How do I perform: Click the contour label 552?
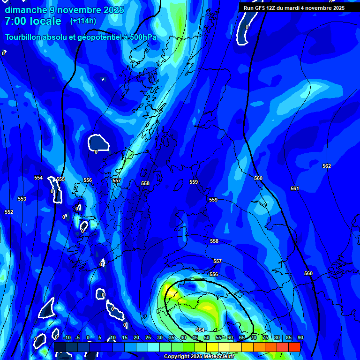[9, 212]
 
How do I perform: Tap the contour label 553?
[22, 199]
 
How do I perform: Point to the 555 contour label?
[60, 179]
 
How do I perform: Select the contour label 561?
[295, 188]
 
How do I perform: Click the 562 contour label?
[327, 166]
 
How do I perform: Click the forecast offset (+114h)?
[83, 21]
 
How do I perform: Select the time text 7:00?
[16, 21]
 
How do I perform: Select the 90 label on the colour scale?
[300, 337]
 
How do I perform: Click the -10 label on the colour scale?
[67, 337]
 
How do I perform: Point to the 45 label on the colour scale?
[195, 337]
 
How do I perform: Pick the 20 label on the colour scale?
[136, 337]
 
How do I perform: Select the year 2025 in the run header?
[336, 8]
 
